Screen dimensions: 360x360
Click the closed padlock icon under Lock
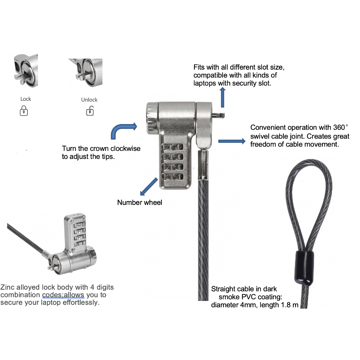point(24,111)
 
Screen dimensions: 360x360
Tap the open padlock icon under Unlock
point(90,112)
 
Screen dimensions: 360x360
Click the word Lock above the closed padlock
point(26,99)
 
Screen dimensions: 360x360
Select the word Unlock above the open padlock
point(89,100)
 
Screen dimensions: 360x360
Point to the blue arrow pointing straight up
point(222,97)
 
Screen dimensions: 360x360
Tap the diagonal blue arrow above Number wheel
point(149,186)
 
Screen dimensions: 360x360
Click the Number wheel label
point(140,202)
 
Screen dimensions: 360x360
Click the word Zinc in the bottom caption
point(8,288)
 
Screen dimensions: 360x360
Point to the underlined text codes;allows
point(63,295)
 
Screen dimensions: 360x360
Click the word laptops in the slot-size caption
point(205,84)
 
